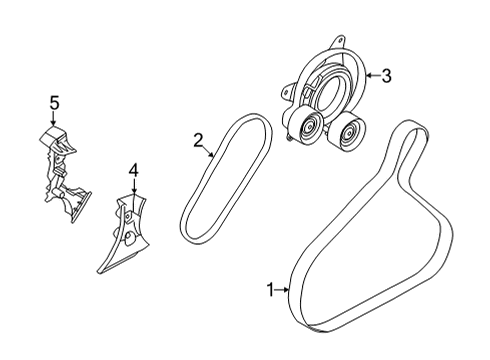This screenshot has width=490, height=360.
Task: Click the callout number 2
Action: [x=199, y=140]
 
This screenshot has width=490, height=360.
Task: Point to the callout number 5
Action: [x=55, y=100]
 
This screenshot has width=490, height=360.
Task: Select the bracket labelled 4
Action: [x=123, y=235]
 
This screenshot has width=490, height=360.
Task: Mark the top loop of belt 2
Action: [x=245, y=123]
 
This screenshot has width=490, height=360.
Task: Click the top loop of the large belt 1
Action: [x=413, y=128]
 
